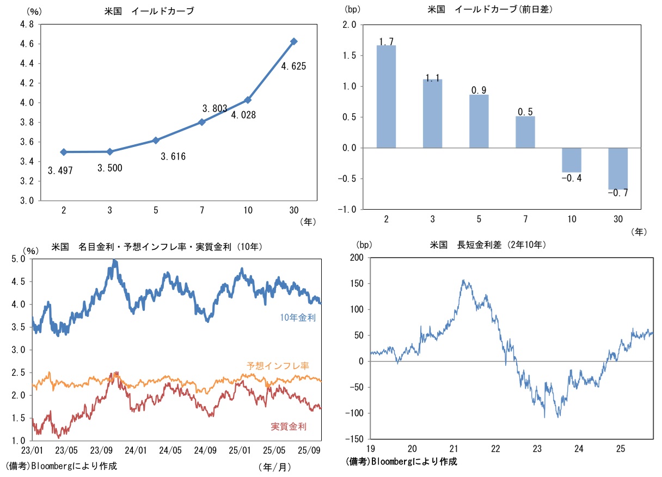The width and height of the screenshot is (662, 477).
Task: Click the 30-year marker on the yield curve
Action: tap(294, 41)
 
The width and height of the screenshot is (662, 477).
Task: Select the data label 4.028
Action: tap(243, 115)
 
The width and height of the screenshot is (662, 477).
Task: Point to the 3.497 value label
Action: tap(60, 170)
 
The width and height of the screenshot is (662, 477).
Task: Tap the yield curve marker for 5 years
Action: tap(156, 140)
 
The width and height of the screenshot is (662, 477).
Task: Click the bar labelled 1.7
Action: tap(386, 96)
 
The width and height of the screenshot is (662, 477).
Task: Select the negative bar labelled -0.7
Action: tap(618, 169)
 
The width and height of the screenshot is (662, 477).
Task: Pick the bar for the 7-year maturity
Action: tap(525, 132)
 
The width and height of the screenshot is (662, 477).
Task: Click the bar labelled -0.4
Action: tap(572, 160)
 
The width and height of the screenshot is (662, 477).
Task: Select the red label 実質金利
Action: tap(289, 426)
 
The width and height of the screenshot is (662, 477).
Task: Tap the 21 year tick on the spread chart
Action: tap(454, 449)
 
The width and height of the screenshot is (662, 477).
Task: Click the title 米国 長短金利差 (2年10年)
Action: tap(488, 246)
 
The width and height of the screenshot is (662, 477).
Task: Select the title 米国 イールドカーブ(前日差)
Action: tap(488, 9)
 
